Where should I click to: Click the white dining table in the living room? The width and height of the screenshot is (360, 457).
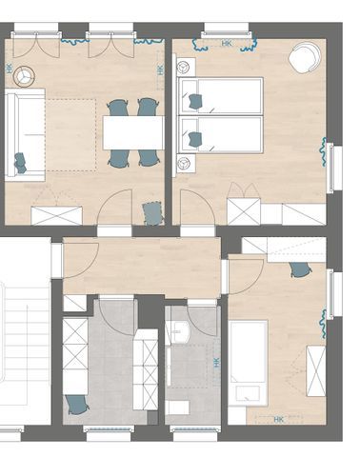pos(133,132)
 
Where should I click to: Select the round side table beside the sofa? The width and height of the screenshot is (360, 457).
pos(24,76)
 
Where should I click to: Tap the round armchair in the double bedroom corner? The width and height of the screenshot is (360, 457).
pos(305,58)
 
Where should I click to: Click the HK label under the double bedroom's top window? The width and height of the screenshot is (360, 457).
pos(227,43)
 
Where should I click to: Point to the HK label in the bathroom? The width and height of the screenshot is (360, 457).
pos(217,363)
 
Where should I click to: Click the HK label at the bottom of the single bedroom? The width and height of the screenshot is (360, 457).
pos(278,420)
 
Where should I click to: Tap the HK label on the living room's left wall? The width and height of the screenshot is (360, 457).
pos(10,70)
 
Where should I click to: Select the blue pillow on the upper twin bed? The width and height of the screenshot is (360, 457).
pos(196,102)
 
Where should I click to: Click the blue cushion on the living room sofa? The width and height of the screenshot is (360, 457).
pos(20,163)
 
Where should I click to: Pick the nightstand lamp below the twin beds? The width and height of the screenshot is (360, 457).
pos(183,164)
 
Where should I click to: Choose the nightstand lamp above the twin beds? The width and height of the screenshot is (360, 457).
pos(183,68)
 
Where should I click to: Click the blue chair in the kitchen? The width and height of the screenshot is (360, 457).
pos(76,404)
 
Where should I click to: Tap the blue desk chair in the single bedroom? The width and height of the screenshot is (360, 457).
pos(300,269)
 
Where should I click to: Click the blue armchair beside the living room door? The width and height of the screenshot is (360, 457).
pos(153,213)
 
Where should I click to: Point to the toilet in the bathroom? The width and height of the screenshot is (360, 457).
pos(178,407)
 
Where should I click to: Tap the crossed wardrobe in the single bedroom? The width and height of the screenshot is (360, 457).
pos(315,370)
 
